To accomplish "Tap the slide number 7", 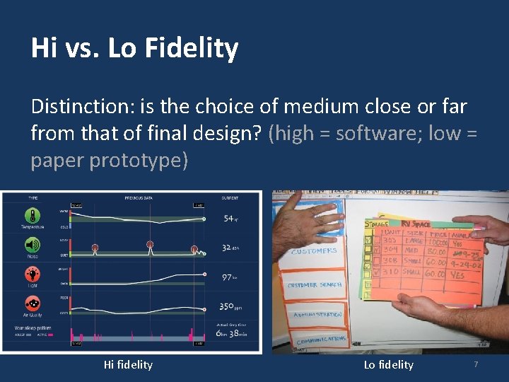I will tap(476, 364).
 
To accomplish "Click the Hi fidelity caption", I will tap(128, 364).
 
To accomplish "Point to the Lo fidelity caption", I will tap(388, 364).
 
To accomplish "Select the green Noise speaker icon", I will tap(33, 245).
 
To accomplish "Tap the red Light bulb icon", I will tap(33, 275).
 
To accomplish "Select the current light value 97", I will tap(228, 277).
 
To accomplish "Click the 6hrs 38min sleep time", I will tap(231, 334).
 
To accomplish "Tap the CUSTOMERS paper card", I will tap(313, 251).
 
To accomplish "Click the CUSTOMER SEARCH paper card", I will tap(315, 284).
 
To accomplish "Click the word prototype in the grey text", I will tap(139, 160).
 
